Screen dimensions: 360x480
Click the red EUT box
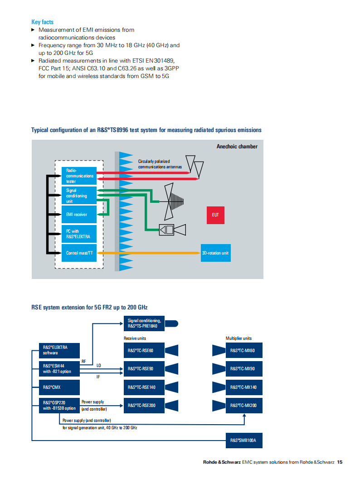point(216,215)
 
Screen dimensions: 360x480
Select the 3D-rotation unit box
point(216,253)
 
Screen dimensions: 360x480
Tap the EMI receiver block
point(79,214)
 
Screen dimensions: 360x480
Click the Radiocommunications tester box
point(79,176)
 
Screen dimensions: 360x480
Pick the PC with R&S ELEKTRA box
point(79,234)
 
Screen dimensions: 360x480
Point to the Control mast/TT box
point(79,253)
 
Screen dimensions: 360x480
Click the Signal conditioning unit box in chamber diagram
point(79,195)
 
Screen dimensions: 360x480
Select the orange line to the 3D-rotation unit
point(149,253)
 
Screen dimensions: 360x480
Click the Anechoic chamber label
point(237,147)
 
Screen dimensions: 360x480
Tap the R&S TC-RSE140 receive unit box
point(144,387)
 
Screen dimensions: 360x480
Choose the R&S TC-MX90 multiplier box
point(244,369)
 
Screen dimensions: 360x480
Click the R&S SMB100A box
point(244,441)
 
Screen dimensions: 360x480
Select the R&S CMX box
point(59,387)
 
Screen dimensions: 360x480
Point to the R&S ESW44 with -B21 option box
point(59,369)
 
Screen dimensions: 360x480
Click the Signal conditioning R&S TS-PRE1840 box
point(144,323)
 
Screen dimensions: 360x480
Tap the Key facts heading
point(42,22)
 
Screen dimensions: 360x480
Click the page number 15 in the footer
point(340,462)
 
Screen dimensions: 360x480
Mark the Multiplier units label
point(238,338)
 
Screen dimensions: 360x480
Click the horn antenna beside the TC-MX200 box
point(219,406)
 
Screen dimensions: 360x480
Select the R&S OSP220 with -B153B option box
point(59,406)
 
